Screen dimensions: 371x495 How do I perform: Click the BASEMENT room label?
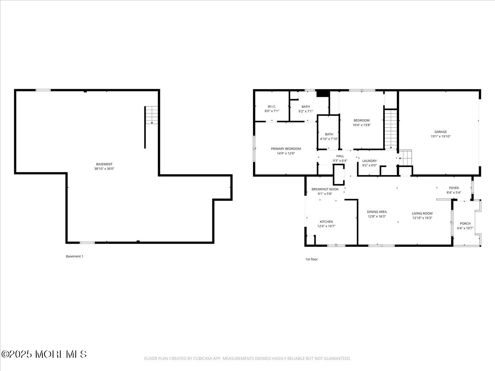coord(104,164)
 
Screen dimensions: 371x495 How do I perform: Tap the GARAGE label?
coord(440,132)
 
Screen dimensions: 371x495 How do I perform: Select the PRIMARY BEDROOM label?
coord(286,149)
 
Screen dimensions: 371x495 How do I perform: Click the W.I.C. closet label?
coord(271,106)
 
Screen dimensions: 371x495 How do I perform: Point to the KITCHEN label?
coord(326,222)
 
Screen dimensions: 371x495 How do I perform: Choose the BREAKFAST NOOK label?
coord(325,189)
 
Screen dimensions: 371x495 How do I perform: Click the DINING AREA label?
coord(377,212)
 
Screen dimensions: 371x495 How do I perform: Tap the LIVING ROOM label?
coord(422,214)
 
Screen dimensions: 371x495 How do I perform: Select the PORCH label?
coord(465,223)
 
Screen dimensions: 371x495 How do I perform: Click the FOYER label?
coord(454,188)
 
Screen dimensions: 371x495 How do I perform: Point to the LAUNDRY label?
coord(369,161)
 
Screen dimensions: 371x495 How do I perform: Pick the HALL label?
coord(340,156)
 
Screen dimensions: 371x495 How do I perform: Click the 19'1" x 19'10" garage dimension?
coord(440,136)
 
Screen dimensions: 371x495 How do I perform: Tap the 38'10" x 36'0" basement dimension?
coord(104,169)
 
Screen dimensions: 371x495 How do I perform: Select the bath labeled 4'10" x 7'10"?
coord(329,136)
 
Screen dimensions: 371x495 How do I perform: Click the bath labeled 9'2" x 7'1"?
coord(305,109)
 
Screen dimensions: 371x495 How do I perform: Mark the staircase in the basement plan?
coord(152,115)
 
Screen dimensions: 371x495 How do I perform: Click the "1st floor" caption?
coord(311,259)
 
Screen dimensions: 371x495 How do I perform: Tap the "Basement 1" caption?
coord(75,256)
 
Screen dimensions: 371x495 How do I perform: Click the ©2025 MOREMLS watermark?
coord(44,354)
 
